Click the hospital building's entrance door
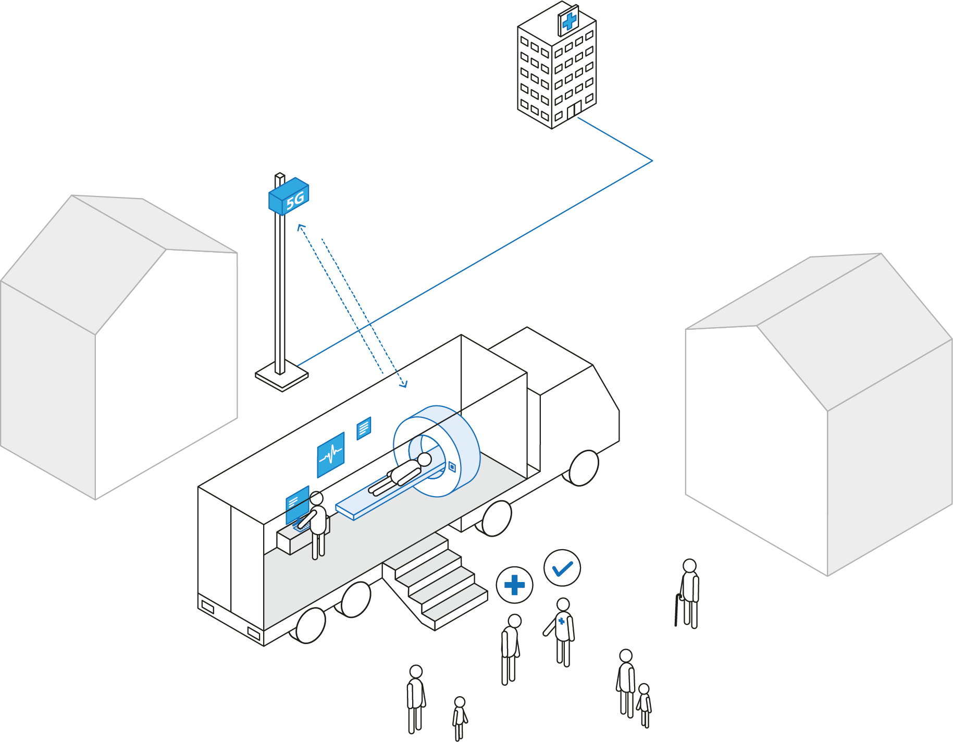574,110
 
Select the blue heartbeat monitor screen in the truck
331,454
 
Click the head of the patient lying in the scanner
425,459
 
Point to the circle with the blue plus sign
514,585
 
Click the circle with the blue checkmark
562,568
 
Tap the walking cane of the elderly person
677,610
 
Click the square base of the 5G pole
282,379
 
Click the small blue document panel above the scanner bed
364,428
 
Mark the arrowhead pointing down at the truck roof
404,385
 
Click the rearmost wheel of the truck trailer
311,625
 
